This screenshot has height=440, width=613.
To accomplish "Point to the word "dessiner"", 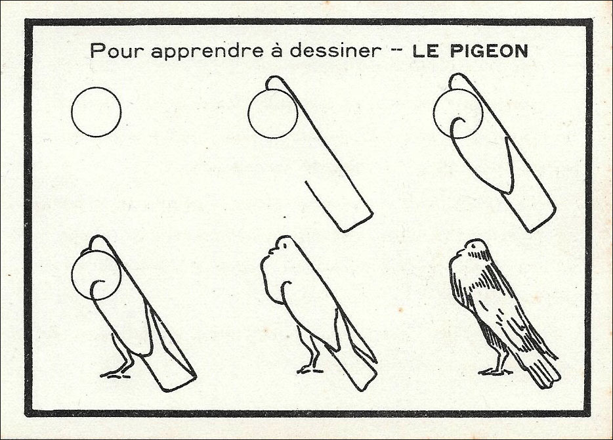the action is pos(335,50).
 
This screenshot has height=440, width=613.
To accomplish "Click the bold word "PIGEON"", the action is pos(490,51).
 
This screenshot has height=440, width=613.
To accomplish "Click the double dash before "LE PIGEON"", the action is pos(397,51).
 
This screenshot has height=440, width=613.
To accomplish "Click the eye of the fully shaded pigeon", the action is pos(475,246).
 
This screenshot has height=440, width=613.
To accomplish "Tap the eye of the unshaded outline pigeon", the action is pos(285,245).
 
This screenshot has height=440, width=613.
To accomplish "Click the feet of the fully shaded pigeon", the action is pos(494,371).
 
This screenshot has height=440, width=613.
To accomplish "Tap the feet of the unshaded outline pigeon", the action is pos(310,369).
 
